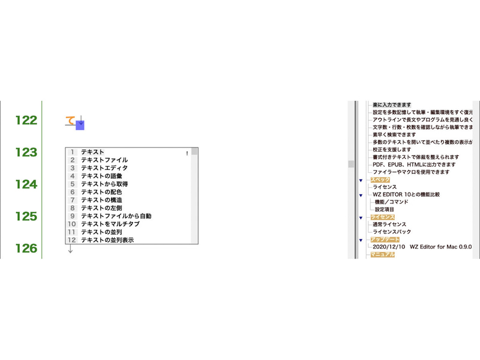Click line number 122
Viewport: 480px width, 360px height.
(x=26, y=121)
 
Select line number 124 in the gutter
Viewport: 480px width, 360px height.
(x=26, y=184)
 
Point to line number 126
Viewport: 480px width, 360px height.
(x=26, y=248)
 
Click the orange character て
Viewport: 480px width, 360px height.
(x=70, y=121)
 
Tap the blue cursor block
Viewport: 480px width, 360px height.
(x=80, y=125)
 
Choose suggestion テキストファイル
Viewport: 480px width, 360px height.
(x=104, y=160)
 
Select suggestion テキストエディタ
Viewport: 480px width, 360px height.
(x=104, y=168)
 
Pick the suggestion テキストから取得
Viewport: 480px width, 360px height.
(x=104, y=184)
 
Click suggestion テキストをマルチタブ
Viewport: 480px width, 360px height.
(x=110, y=224)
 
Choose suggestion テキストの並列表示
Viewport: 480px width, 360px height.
(x=107, y=240)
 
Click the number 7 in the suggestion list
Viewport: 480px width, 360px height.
(x=73, y=200)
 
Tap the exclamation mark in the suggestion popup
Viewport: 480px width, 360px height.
(x=187, y=154)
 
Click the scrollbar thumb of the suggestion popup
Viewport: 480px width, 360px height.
(x=194, y=151)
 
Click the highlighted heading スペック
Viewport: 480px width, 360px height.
(x=380, y=179)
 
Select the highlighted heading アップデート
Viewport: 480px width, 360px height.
(x=385, y=239)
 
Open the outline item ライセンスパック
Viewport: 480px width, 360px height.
(x=392, y=232)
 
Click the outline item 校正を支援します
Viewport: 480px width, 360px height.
(x=392, y=149)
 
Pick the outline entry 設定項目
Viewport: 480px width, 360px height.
(x=385, y=209)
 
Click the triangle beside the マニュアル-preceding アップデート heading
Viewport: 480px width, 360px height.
(x=361, y=241)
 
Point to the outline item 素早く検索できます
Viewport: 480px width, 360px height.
(x=394, y=134)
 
